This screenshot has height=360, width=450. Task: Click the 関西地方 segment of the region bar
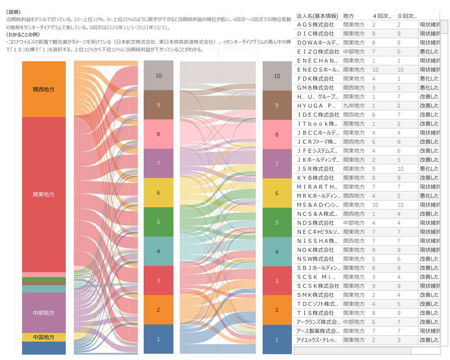click(x=44, y=89)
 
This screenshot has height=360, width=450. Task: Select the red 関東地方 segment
click(x=44, y=194)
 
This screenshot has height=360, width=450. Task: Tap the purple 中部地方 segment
click(x=44, y=313)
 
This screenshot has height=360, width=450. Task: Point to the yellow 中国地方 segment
click(x=44, y=337)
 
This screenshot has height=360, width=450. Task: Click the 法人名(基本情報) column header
click(x=315, y=16)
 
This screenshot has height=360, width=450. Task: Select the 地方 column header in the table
click(x=349, y=16)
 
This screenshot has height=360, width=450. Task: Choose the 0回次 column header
click(x=407, y=16)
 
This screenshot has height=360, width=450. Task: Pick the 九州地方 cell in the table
click(x=354, y=105)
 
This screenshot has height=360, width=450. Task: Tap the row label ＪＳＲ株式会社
click(x=315, y=169)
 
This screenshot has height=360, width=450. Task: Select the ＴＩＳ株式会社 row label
click(x=315, y=313)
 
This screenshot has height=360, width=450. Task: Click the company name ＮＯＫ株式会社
click(x=315, y=250)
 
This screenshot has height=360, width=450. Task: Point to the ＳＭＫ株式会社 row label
click(x=315, y=295)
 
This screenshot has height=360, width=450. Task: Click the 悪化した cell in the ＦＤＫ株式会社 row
click(x=429, y=78)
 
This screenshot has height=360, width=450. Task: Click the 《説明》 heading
click(x=14, y=12)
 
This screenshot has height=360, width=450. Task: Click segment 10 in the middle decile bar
click(x=158, y=75)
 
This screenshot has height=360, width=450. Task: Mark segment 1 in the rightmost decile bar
click(x=277, y=339)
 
